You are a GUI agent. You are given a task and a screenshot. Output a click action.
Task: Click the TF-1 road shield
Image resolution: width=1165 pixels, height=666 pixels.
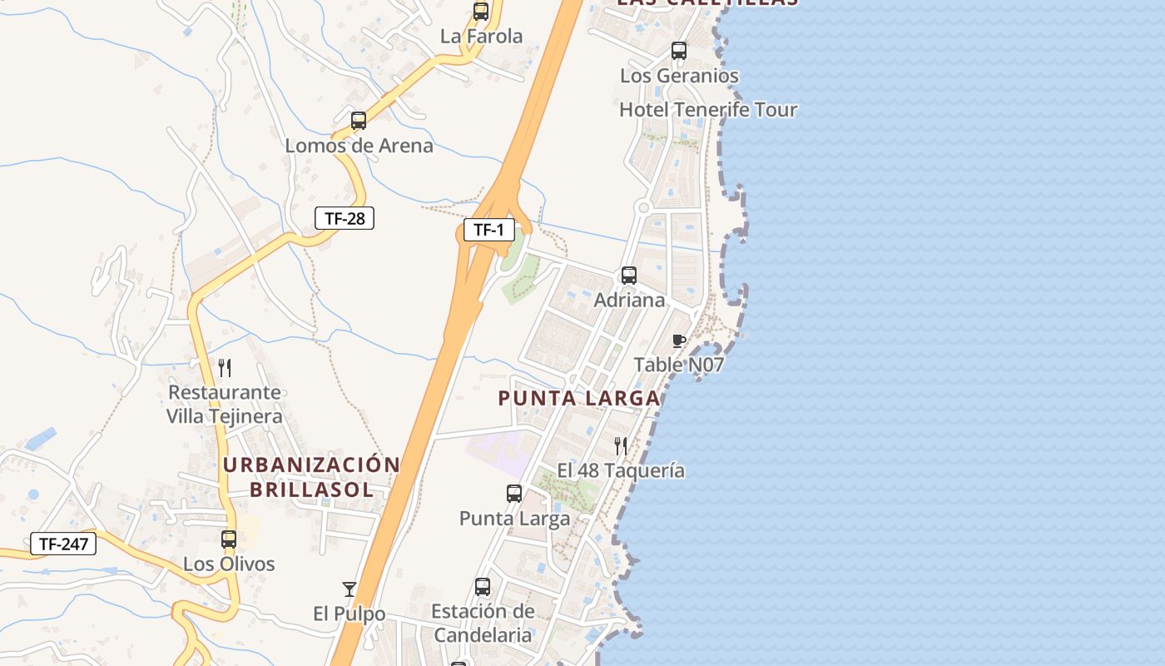pos(488,230)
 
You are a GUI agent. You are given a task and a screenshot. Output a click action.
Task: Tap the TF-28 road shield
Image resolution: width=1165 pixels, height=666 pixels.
pos(345,218)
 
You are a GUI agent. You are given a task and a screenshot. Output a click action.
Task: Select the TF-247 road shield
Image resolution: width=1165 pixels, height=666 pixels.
pos(63,544)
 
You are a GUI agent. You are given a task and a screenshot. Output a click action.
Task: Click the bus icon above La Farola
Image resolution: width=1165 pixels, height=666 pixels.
pos(481,12)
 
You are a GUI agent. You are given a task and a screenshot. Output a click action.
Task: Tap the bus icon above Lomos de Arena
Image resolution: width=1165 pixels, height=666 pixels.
pos(359,121)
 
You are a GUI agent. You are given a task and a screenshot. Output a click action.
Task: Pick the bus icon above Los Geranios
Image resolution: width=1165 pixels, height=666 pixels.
pos(679,51)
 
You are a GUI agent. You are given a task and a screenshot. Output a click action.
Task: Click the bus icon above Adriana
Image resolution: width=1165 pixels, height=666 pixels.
pos(629,276)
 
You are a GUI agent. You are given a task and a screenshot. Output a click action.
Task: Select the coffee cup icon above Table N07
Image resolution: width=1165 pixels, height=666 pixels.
pos(679,340)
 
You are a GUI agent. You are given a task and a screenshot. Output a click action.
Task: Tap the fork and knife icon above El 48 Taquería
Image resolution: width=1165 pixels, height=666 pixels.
pos(621,446)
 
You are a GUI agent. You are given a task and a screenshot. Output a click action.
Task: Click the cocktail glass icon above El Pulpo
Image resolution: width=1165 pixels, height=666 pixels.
pos(349,589)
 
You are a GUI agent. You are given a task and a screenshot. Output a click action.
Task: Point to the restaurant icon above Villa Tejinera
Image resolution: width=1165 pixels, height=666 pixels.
pos(224,367)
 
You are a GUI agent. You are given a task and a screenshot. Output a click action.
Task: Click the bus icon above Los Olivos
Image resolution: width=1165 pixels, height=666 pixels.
pos(229,539)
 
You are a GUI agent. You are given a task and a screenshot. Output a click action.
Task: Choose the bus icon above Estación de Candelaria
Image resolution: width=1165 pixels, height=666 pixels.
pos(483,587)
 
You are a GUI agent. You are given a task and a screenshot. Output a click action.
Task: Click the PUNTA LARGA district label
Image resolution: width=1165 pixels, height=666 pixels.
pos(579,399)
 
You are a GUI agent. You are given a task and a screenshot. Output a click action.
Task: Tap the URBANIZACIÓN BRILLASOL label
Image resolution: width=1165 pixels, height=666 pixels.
pos(312,477)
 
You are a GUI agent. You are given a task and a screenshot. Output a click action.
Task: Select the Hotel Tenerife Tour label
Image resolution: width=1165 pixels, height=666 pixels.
pos(708,110)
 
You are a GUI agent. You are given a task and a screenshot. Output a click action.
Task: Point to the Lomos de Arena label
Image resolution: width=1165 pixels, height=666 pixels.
pos(359,146)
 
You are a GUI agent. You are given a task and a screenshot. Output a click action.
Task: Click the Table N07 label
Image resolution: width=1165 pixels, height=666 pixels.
pos(679,365)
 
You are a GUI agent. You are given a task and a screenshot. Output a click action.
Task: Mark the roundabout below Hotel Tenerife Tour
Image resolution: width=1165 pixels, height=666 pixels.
pos(642,207)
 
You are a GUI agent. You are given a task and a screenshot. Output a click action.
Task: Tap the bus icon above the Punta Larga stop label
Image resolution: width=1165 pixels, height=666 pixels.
pos(514,494)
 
